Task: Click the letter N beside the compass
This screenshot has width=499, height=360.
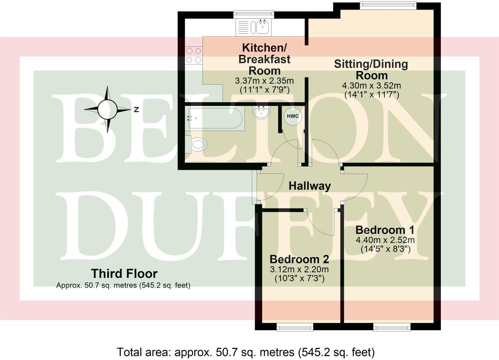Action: point(136,110)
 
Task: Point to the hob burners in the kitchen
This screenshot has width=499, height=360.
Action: point(194,55)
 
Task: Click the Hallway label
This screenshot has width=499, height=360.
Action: point(309,186)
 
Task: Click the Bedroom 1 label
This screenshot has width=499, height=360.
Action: point(384,230)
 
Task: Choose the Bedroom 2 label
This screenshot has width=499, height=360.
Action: point(299,259)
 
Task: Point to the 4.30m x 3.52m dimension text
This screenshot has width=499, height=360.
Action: point(371,85)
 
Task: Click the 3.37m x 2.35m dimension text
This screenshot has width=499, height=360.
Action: point(264,81)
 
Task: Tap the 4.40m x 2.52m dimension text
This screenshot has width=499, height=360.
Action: point(385,240)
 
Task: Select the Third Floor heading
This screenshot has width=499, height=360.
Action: point(124,273)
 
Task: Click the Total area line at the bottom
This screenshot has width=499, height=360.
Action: point(246,351)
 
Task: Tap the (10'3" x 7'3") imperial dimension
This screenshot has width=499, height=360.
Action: point(299,278)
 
